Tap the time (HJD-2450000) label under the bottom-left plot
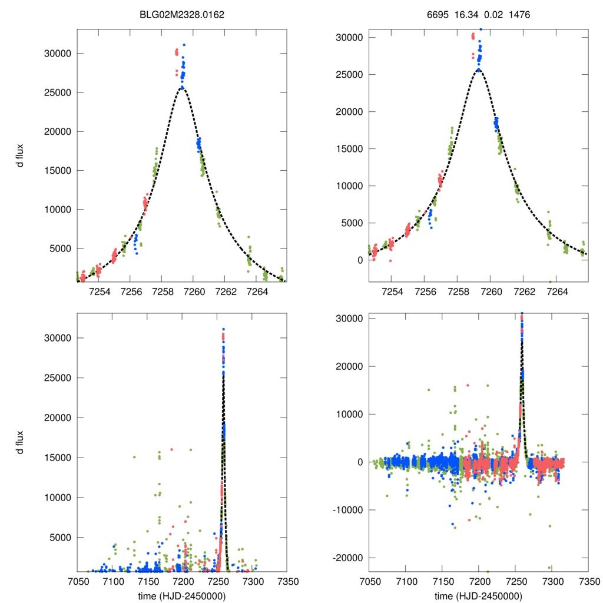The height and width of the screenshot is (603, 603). pos(182,595)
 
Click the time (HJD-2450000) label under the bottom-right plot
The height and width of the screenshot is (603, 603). pos(478,595)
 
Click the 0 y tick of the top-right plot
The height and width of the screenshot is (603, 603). pos(359,260)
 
